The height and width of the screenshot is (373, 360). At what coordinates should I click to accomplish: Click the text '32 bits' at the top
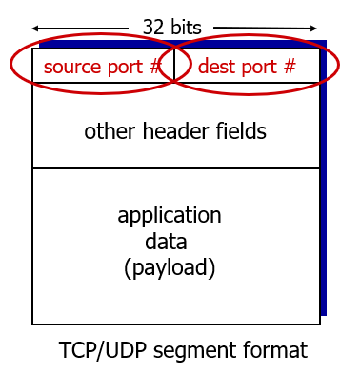click(x=171, y=27)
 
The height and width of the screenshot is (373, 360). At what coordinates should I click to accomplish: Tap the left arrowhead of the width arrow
click(x=36, y=27)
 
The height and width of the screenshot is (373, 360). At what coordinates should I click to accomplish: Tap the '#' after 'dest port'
click(x=290, y=67)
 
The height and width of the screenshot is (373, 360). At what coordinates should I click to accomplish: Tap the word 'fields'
click(x=239, y=131)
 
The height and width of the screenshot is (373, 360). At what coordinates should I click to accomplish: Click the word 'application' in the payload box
click(x=170, y=214)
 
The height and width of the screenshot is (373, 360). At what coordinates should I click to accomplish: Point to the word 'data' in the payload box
click(x=169, y=241)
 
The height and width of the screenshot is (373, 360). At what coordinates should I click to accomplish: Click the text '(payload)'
click(x=170, y=267)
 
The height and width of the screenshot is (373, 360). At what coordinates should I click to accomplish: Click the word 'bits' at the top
click(x=186, y=27)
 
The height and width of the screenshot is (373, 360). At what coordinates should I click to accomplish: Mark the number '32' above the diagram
click(x=153, y=27)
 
